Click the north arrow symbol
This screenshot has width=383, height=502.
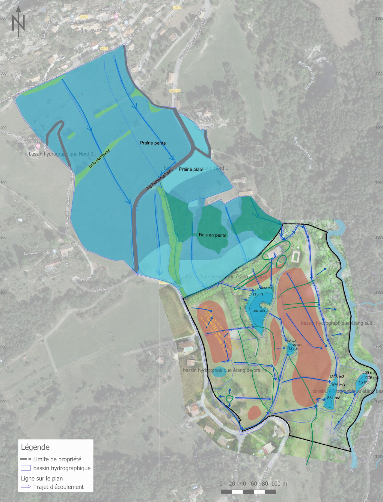18,22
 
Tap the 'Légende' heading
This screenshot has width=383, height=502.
35,447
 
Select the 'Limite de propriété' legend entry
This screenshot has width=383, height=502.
57,459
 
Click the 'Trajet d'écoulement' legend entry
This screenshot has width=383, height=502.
58,487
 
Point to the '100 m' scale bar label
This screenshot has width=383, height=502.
279,483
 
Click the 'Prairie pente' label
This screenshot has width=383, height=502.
153,143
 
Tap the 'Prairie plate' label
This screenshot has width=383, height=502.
191,169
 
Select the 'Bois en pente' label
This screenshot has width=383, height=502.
212,235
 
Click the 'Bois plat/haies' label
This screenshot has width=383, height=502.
99,158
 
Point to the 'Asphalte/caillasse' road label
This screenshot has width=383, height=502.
159,179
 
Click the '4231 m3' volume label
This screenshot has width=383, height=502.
257,294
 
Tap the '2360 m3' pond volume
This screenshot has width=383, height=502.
258,311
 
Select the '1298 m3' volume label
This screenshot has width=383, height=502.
337,376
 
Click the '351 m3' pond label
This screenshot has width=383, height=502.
334,398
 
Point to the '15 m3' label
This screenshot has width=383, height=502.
364,382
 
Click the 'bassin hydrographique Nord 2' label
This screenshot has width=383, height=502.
61,154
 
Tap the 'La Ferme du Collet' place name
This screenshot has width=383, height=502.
38,253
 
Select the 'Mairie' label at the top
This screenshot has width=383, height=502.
127,18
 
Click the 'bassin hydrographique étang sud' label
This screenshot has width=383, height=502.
337,323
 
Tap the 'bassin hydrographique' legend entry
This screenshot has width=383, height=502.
62,468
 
